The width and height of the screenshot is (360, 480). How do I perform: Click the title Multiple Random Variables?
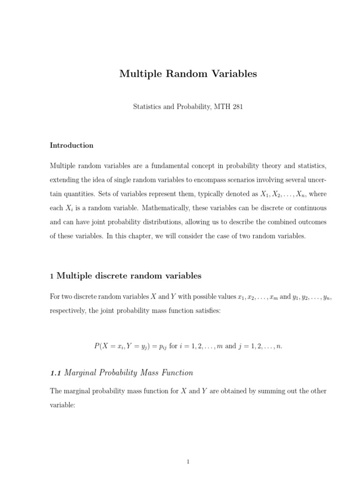188,74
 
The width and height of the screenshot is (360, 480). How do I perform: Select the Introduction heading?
71,145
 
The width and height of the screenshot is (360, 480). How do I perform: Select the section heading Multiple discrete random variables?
129,276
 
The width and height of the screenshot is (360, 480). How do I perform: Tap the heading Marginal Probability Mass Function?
128,373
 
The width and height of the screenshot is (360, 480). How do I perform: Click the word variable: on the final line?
62,405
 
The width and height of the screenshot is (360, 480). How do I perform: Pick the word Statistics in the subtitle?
146,107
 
